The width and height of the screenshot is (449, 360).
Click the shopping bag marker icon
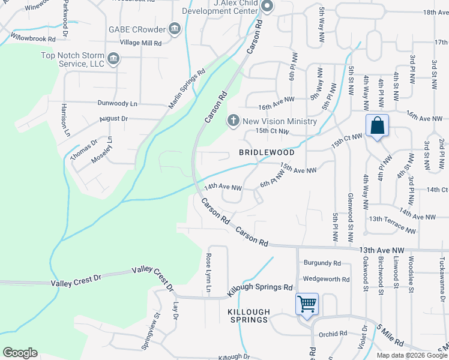(x=377, y=127)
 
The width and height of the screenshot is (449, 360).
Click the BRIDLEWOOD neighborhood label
(x=261, y=153)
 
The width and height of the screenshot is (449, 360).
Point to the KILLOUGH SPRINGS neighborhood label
(x=248, y=316)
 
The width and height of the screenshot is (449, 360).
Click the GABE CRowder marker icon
(x=174, y=29)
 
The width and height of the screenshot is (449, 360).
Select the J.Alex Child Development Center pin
(x=267, y=7)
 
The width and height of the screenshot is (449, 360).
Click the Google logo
(x=20, y=353)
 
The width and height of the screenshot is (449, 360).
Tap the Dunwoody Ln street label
(x=118, y=104)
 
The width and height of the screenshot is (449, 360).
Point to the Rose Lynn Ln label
(x=209, y=273)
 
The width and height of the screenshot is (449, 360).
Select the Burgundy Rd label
(x=322, y=263)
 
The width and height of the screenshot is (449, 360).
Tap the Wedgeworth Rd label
(x=327, y=280)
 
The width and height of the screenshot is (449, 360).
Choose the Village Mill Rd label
(x=140, y=43)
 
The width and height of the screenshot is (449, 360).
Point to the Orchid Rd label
(x=333, y=334)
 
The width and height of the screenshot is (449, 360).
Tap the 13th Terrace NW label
(x=392, y=225)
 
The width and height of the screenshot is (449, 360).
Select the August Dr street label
(x=113, y=119)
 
